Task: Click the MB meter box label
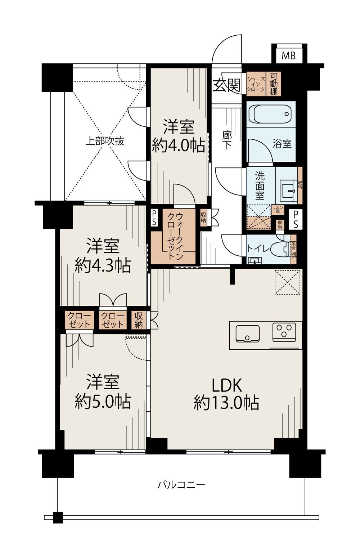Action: click(288, 55)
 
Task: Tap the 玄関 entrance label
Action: click(226, 85)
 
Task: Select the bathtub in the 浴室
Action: click(271, 114)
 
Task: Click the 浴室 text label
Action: click(282, 143)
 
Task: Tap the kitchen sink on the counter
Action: click(247, 333)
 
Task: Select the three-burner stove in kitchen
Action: click(284, 331)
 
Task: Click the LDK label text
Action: click(226, 385)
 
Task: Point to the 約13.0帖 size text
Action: click(226, 402)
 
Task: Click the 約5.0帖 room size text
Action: click(103, 401)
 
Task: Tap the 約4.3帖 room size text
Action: click(103, 265)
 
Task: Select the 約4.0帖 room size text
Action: click(179, 146)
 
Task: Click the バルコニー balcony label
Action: click(181, 484)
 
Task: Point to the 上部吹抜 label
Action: click(105, 141)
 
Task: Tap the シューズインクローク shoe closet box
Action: click(256, 84)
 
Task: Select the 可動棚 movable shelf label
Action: click(274, 84)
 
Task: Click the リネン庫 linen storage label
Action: click(278, 210)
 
